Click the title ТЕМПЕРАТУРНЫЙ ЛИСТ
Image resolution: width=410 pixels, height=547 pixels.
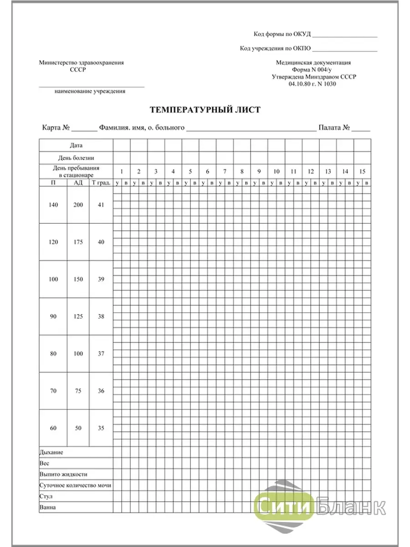point(205,110)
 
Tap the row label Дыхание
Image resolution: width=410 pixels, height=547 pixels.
point(51,453)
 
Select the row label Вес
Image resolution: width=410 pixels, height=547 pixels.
point(45,463)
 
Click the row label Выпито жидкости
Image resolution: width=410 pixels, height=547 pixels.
point(63,474)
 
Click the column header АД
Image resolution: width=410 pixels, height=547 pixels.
point(78,183)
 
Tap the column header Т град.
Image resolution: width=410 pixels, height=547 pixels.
point(101,183)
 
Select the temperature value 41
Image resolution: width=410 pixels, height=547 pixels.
point(101,205)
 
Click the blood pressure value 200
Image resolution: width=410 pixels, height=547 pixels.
point(78,205)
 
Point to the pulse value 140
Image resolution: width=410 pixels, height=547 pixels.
point(53,205)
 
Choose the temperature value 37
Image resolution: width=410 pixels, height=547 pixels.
point(101,354)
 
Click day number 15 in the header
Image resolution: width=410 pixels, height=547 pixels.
point(362,171)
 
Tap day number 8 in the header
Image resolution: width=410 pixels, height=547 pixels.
point(242,171)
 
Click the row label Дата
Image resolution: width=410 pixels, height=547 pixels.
point(76,145)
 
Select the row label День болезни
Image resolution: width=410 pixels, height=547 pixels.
point(76,158)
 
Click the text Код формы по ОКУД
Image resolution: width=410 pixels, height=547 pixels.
point(282,34)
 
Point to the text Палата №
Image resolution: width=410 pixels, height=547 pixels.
point(334,128)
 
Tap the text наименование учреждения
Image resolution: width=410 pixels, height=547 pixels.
point(90,91)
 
